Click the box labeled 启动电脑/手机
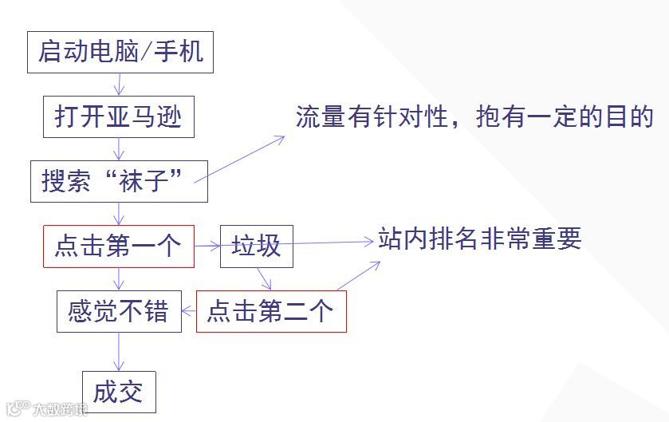pyautogui.click(x=120, y=52)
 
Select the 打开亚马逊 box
pyautogui.click(x=118, y=117)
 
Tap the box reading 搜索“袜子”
pyautogui.click(x=119, y=181)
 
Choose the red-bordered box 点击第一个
pyautogui.click(x=118, y=246)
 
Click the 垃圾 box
pyautogui.click(x=256, y=246)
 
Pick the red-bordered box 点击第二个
pyautogui.click(x=271, y=311)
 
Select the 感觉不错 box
pyautogui.click(x=119, y=311)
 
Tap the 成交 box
pyautogui.click(x=118, y=392)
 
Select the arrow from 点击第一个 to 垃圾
pyautogui.click(x=207, y=246)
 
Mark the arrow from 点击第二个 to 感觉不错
pyautogui.click(x=189, y=312)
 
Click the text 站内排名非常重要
pyautogui.click(x=480, y=239)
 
